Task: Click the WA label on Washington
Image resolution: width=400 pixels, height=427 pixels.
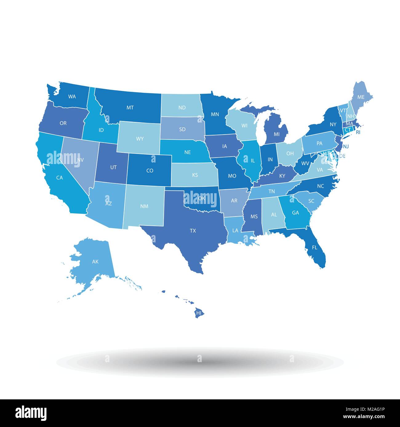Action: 72,96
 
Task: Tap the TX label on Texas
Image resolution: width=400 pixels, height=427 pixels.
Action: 193,230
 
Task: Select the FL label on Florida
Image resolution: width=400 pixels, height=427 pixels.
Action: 314,247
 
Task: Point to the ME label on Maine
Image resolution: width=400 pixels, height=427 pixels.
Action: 361,97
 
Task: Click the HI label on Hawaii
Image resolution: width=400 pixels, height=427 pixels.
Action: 199,313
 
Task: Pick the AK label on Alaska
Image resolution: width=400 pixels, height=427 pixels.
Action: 95,262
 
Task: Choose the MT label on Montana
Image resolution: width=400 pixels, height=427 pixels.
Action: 130,108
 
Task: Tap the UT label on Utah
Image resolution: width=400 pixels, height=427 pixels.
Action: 114,167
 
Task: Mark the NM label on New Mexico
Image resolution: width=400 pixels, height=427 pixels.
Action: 144,206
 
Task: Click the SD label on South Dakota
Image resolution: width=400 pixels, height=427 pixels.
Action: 182,129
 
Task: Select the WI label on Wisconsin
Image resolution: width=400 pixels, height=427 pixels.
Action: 245,126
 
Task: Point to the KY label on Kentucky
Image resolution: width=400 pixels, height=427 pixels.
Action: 282,176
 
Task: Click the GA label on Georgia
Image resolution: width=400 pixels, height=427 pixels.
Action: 295,213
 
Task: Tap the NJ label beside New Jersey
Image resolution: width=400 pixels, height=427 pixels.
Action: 346,147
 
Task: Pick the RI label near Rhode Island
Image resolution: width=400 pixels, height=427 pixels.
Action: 358,132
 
